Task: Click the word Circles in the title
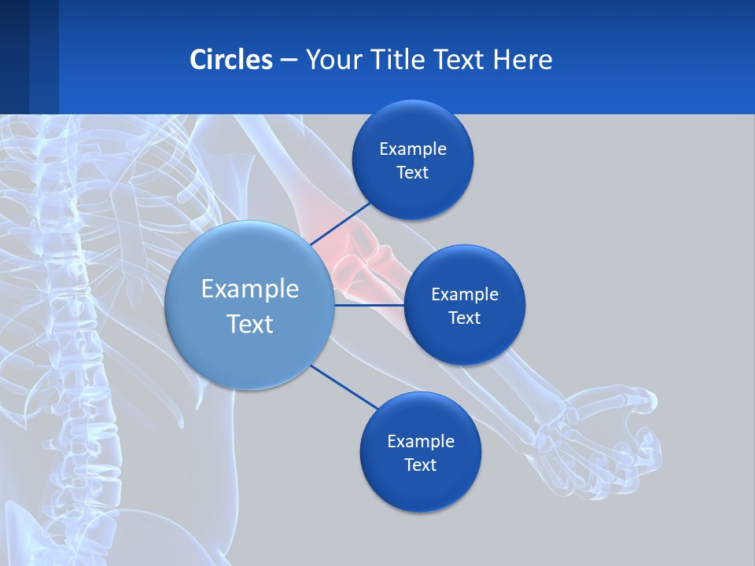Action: coord(230,60)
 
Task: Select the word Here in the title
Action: coord(522,60)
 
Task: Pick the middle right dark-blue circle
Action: coord(464,342)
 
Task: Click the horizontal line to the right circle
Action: coord(369,305)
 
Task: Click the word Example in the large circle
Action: coord(249,289)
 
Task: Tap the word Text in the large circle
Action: coord(249,324)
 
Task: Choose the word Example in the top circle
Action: coord(412,149)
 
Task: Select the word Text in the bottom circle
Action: coord(420,465)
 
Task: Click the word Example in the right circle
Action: coord(464,295)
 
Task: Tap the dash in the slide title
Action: coord(288,61)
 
